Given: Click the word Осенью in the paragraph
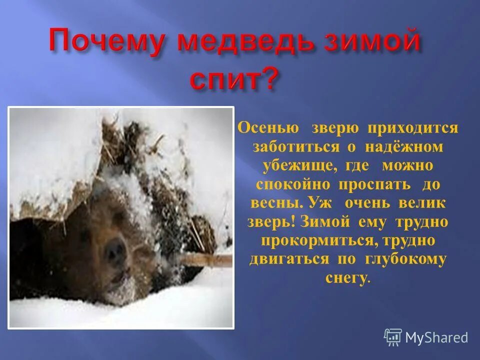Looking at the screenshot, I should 268,127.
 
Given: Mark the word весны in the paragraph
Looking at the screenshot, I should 273,203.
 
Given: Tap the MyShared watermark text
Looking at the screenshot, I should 436,337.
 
